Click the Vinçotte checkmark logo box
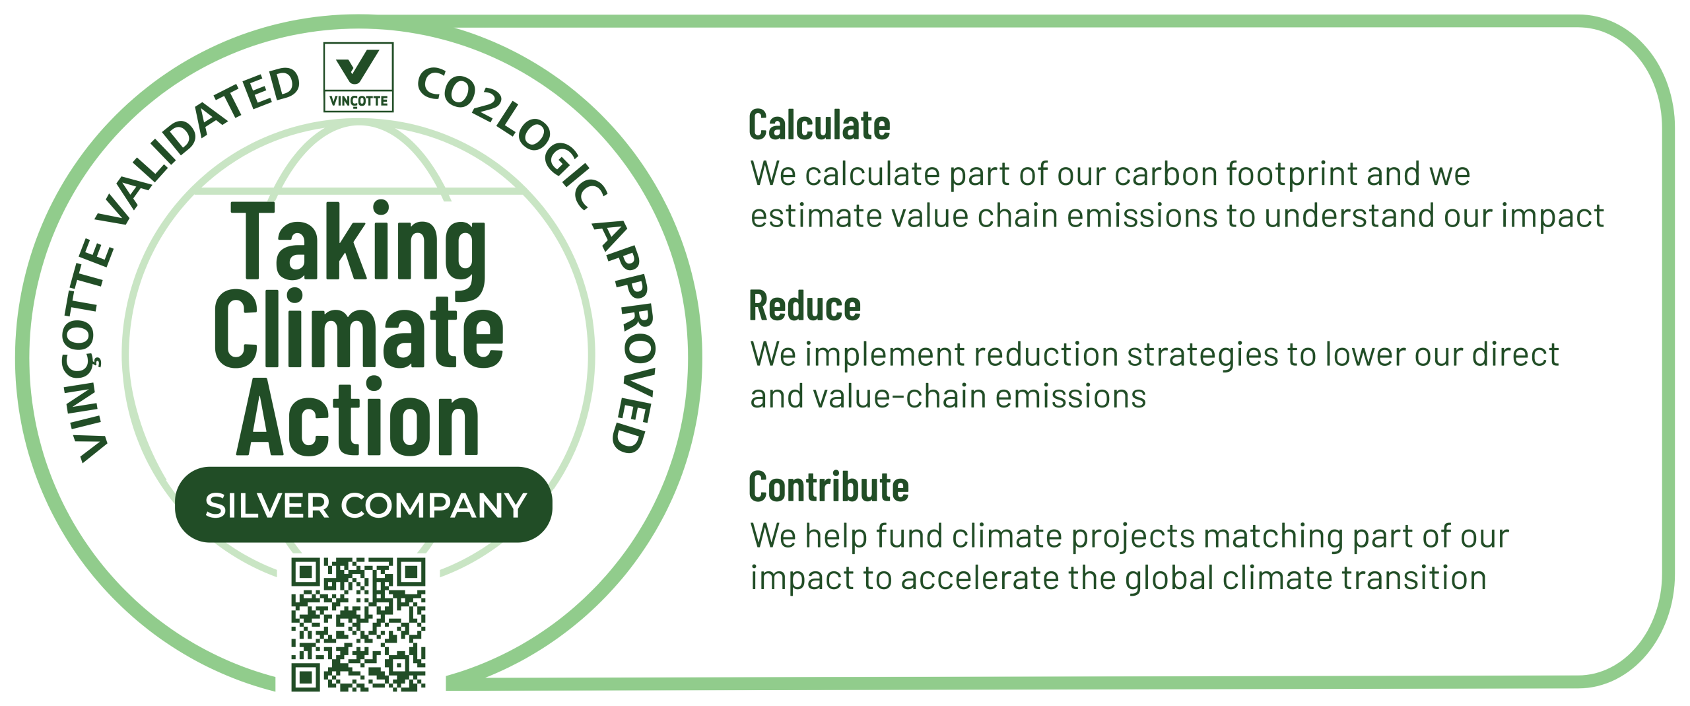point(358,77)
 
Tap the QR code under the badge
point(358,625)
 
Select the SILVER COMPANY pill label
point(364,505)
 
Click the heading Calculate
point(819,125)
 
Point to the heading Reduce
point(805,306)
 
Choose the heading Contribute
point(829,487)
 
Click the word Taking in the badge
point(358,248)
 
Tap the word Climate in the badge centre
point(358,328)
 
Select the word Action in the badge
point(358,416)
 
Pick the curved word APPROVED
point(626,336)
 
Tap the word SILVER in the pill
point(267,506)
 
